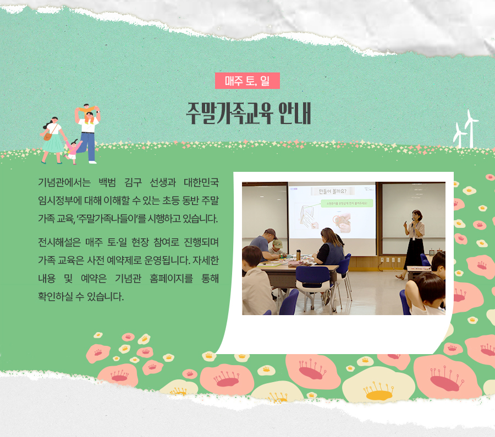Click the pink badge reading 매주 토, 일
pyautogui.click(x=248, y=81)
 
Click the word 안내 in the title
pyautogui.click(x=295, y=113)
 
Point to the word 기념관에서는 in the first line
pyautogui.click(x=64, y=182)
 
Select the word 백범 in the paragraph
pyautogui.click(x=107, y=182)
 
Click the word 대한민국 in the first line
pyautogui.click(x=201, y=182)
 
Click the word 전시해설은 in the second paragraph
pyautogui.click(x=59, y=242)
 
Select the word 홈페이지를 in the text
pyautogui.click(x=171, y=278)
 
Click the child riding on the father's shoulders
pyautogui.click(x=88, y=111)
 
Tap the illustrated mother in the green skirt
pyautogui.click(x=53, y=139)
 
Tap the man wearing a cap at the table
pyautogui.click(x=264, y=244)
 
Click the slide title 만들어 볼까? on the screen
pyautogui.click(x=332, y=191)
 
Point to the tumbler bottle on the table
pyautogui.click(x=298, y=255)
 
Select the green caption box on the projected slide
pyautogui.click(x=347, y=204)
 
